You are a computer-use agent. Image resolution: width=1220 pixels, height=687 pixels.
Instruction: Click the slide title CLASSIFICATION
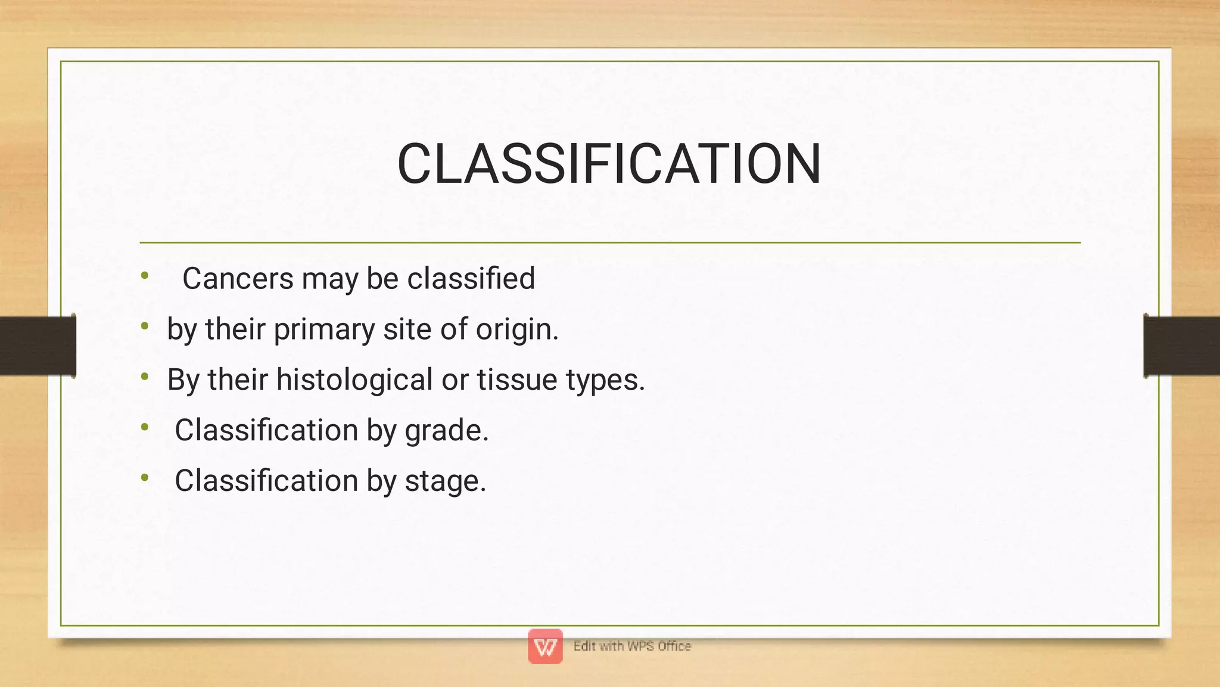coord(609,164)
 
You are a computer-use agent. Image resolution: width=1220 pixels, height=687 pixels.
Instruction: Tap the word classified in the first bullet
coord(471,278)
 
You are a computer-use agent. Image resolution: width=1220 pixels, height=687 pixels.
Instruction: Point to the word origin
coord(516,329)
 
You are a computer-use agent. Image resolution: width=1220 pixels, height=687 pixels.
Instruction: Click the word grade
coord(446,431)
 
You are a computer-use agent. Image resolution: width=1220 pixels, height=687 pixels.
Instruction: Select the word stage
coord(445,481)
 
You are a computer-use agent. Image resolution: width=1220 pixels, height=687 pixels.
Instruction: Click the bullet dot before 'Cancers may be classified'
coord(145,275)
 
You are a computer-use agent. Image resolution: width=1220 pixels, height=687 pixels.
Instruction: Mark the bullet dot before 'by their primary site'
coord(145,326)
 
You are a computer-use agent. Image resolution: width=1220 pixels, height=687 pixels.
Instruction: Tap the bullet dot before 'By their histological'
coord(145,377)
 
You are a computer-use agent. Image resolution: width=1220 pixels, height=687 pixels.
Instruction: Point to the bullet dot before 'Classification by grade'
coord(145,427)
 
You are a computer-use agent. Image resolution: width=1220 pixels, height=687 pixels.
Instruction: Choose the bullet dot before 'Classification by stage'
coord(145,477)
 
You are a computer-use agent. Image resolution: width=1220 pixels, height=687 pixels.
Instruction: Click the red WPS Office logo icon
coord(545,646)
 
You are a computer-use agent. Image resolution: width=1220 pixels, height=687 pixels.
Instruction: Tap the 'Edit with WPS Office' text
coord(632,646)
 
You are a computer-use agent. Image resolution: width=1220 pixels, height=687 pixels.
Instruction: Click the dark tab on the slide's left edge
coord(38,346)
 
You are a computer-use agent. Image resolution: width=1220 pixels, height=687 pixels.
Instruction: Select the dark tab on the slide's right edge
coord(1182,346)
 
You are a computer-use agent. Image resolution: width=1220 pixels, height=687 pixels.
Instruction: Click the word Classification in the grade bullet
coord(266,430)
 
